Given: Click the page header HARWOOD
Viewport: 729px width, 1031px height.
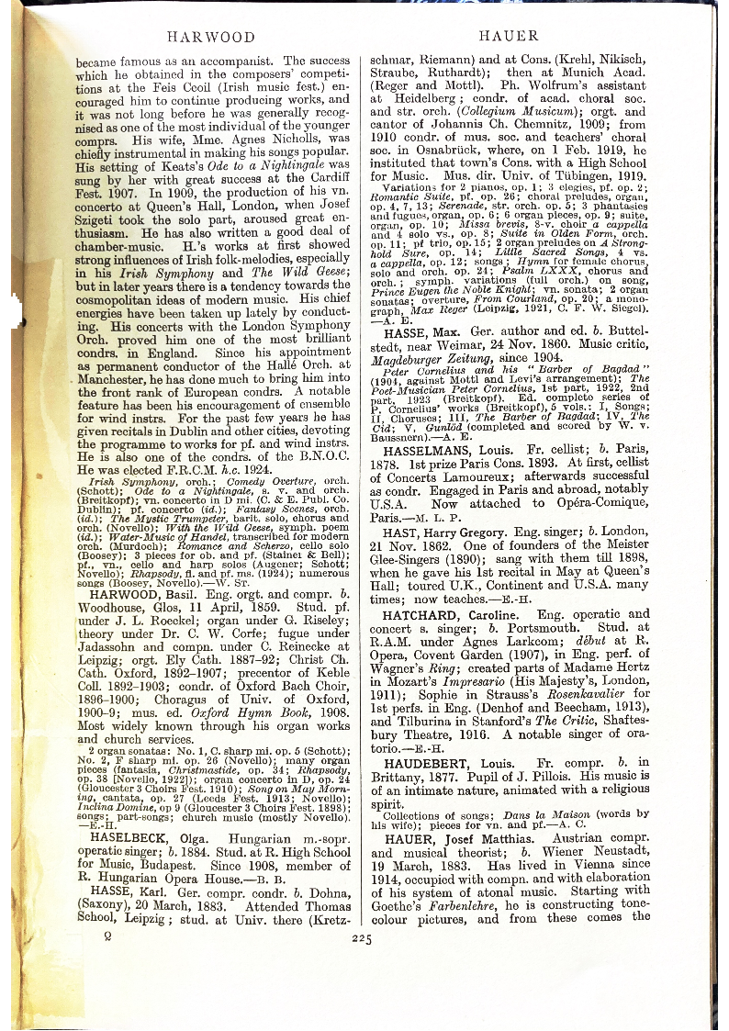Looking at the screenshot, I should click(210, 37).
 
